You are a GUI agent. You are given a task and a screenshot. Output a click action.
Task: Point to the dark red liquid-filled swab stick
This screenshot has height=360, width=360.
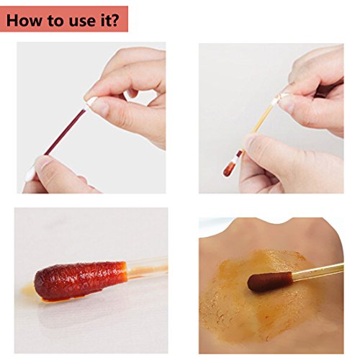tap(66, 132)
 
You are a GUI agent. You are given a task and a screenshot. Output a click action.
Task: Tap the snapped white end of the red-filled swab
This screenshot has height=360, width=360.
tap(91, 103)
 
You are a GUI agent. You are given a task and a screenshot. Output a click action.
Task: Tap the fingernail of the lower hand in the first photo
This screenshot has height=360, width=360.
tap(45, 163)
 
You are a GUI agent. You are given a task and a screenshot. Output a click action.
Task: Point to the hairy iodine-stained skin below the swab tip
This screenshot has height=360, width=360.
tap(252, 317)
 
